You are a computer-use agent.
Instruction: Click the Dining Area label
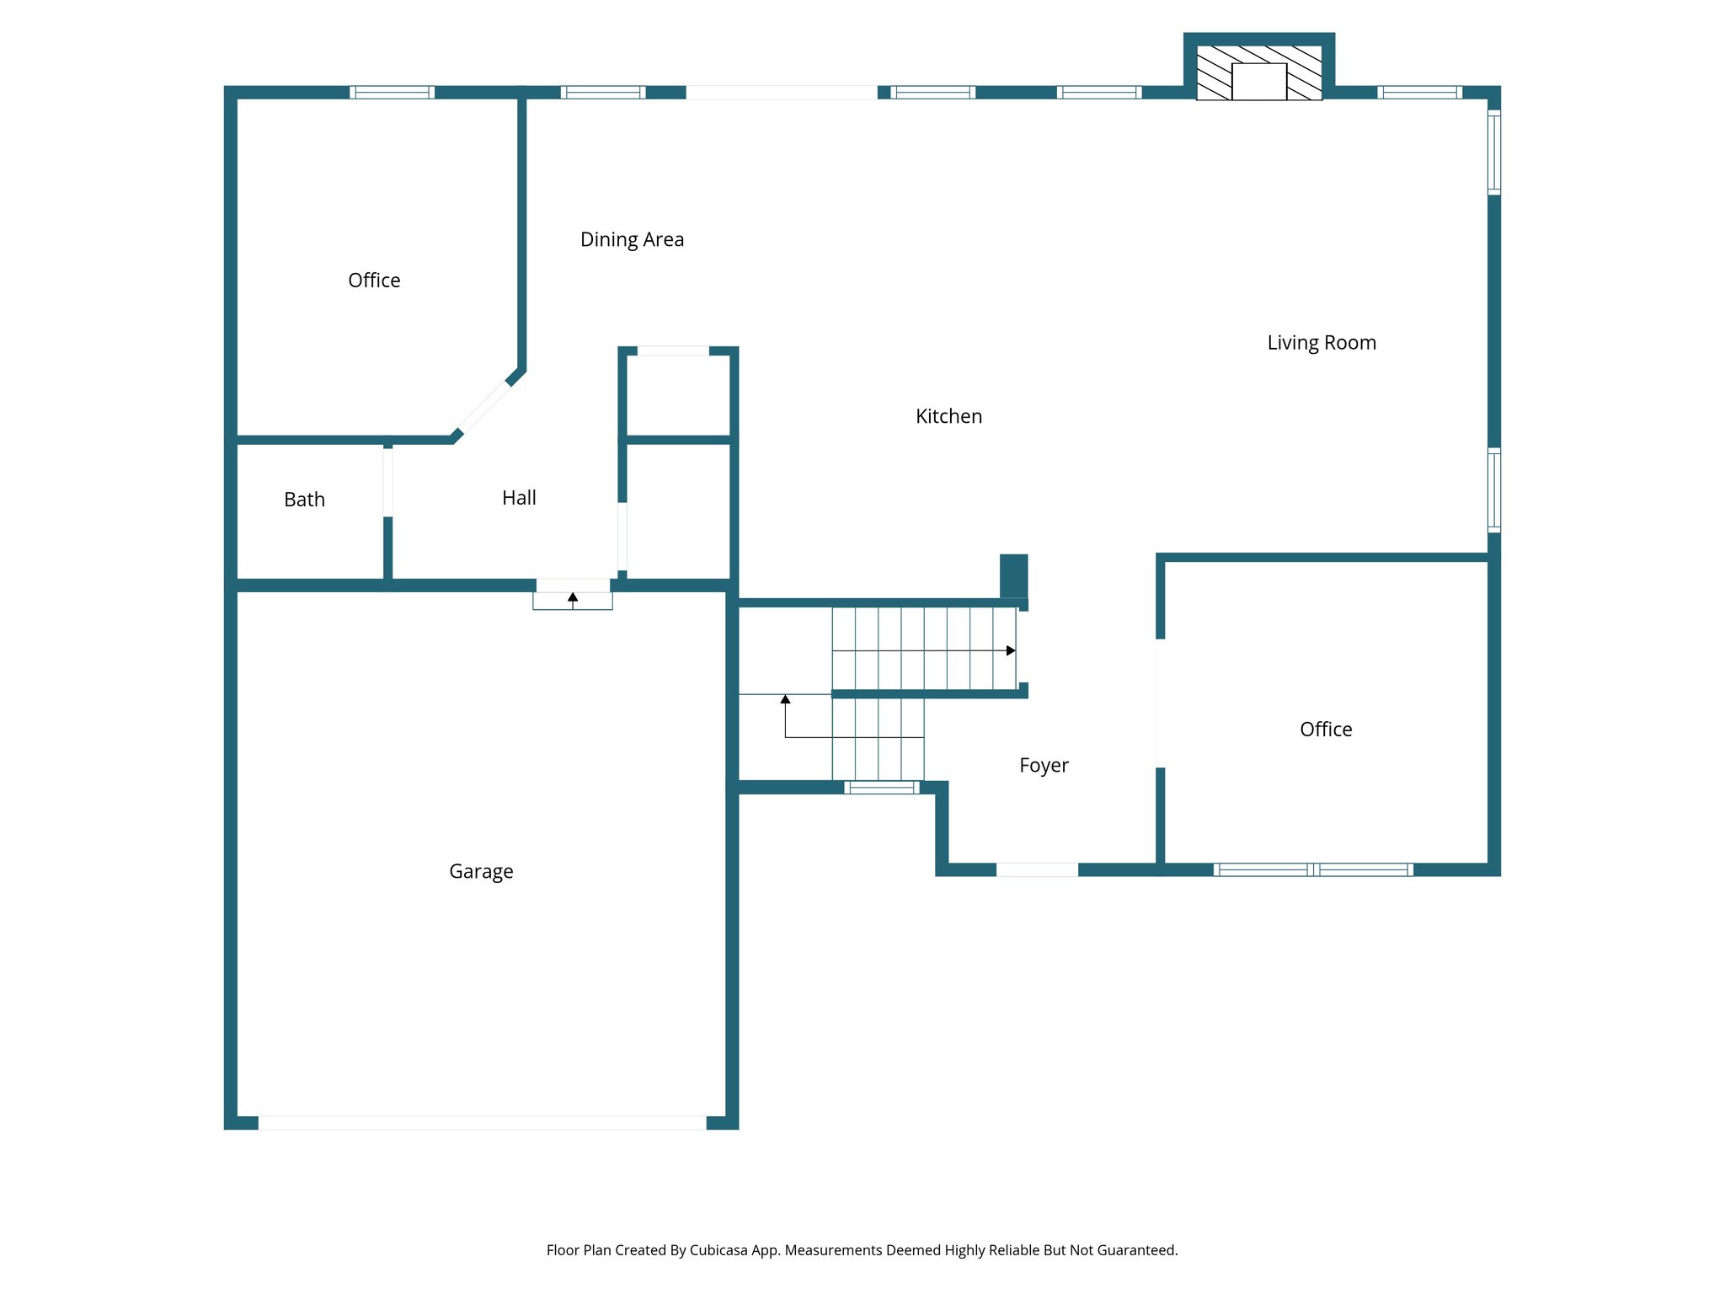point(632,240)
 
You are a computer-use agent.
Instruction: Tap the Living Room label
point(1322,343)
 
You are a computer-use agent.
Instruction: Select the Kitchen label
point(948,416)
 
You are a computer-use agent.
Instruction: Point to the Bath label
point(304,500)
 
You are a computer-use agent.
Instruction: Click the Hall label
point(519,498)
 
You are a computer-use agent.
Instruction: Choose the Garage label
point(481,871)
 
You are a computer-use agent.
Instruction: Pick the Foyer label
point(1044,765)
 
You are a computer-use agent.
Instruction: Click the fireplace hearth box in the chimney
point(1258,82)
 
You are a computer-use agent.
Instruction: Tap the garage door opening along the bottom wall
point(482,1122)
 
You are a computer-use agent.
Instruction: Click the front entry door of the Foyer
point(1037,869)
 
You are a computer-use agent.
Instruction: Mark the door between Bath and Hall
point(387,483)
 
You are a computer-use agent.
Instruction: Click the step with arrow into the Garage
point(573,600)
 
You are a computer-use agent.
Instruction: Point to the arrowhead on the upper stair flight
point(1011,650)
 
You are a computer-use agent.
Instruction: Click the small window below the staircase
point(882,788)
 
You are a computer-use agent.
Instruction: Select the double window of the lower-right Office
point(1313,869)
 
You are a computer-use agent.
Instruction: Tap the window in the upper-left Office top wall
point(393,93)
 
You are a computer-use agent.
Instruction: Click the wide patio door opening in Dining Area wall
point(782,93)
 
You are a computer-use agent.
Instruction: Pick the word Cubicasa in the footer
point(718,1250)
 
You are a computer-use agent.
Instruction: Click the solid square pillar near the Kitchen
point(1013,575)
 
